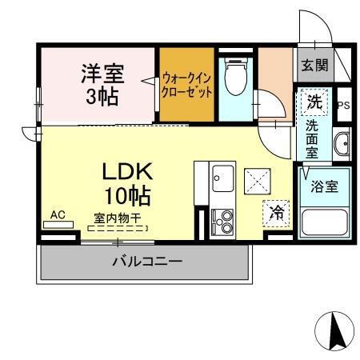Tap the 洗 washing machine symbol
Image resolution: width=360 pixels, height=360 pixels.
pyautogui.click(x=315, y=102)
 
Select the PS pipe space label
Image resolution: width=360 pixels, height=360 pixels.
pyautogui.click(x=342, y=105)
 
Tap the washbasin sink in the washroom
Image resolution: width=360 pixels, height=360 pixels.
pyautogui.click(x=342, y=143)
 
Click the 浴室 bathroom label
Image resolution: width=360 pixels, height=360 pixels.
pyautogui.click(x=323, y=186)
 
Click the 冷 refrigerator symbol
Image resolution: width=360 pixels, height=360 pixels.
pyautogui.click(x=276, y=213)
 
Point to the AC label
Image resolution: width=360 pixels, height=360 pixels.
pyautogui.click(x=58, y=214)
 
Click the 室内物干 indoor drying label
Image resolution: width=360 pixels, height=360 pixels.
pyautogui.click(x=117, y=218)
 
